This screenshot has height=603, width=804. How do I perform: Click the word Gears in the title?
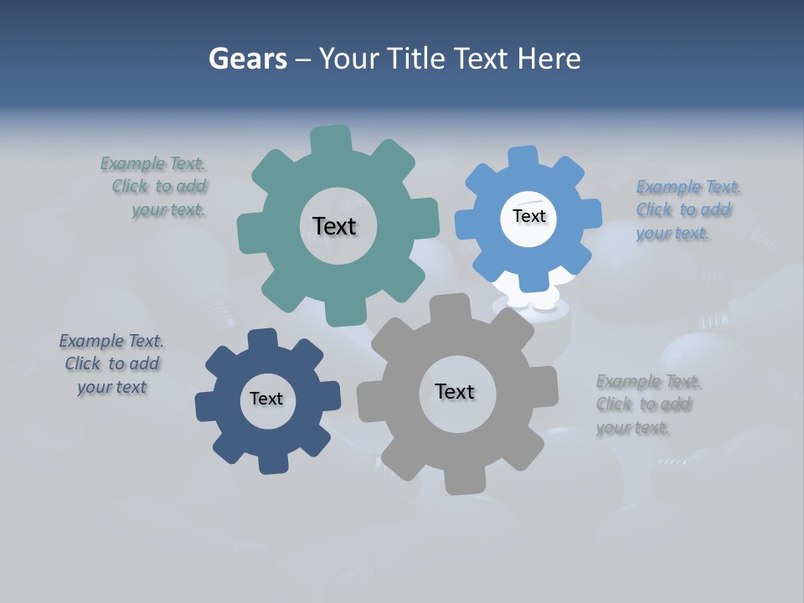pos(247,59)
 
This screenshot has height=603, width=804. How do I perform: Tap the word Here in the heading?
pos(549,59)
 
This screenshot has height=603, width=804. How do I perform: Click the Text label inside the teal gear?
pos(334,226)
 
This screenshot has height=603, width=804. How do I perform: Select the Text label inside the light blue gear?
pos(528,216)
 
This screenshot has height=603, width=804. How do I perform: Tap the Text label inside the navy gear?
pos(266,399)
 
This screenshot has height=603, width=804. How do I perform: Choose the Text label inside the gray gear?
pos(455,391)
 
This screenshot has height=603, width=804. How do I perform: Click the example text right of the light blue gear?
pos(687,210)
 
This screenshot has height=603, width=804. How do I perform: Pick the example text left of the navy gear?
pos(111,363)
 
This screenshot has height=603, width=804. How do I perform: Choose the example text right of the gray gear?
pos(647,405)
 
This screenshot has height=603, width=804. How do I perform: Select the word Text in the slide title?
pos(483,59)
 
